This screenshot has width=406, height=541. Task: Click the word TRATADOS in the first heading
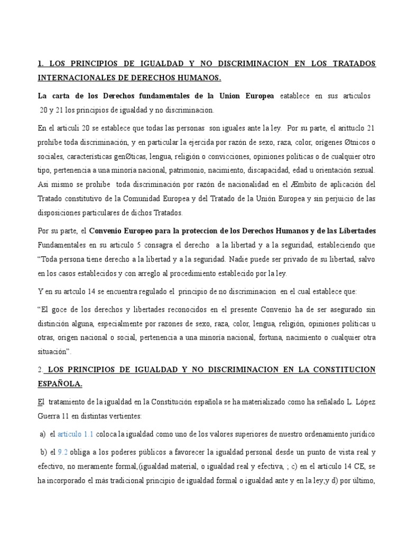tap(352, 64)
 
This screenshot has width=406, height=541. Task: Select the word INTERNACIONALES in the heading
tap(73, 78)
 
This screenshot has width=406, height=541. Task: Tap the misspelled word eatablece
tap(297, 96)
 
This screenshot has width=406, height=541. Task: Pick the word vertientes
tap(123, 416)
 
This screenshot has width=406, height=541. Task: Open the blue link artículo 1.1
tap(75, 434)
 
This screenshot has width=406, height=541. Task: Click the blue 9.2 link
tap(62, 452)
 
